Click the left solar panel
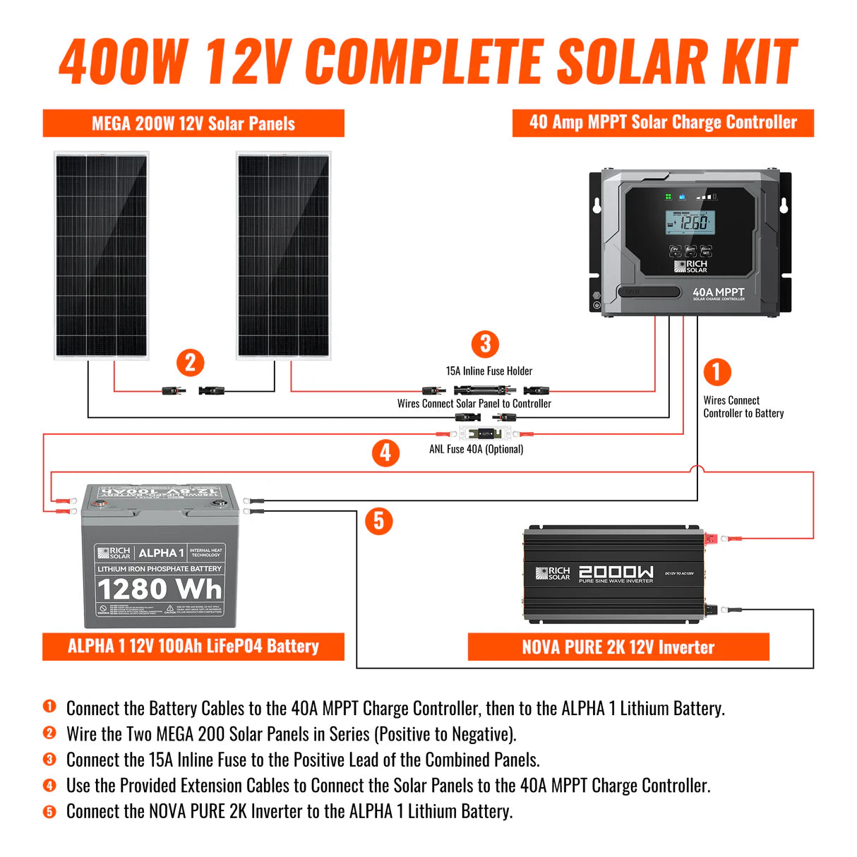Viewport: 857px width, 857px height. point(101,255)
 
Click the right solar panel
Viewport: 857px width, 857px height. point(283,255)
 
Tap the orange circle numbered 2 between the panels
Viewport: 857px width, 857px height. point(190,363)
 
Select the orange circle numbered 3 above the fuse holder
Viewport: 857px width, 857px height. point(485,344)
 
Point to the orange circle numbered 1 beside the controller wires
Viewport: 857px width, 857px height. point(717,372)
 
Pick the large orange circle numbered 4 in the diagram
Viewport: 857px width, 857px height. point(385,453)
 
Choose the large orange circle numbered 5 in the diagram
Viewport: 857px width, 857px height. point(378,521)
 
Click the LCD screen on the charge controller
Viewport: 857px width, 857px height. point(690,223)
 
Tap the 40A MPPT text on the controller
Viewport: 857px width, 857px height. point(718,292)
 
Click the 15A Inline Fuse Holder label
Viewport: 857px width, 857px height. point(489,371)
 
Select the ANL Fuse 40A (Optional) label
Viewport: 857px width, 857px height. point(476,449)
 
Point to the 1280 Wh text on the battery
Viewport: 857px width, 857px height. point(160,589)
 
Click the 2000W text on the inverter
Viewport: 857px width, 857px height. point(616,572)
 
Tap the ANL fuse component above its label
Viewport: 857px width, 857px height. point(485,433)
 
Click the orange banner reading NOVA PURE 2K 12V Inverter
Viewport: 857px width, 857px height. point(618,647)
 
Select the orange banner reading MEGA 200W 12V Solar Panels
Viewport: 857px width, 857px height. point(193,124)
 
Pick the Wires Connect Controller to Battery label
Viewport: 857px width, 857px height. point(743,407)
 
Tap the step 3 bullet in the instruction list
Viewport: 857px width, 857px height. point(49,760)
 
